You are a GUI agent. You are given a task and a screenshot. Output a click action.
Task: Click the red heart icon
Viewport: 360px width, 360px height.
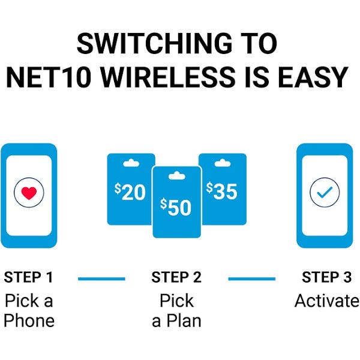coord(29,193)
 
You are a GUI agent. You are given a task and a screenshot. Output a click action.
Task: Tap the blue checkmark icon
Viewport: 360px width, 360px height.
coord(325,193)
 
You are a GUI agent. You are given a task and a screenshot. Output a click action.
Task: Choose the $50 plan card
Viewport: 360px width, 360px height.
coord(177,202)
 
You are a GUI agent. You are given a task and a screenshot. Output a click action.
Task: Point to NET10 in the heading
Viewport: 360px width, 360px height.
coord(48,77)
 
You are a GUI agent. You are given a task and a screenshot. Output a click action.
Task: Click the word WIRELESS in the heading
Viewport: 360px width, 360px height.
coord(168,77)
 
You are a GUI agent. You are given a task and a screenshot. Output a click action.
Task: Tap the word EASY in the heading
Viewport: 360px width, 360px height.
coord(313,77)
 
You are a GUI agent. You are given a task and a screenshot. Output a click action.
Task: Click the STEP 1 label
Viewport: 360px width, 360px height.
coord(28,277)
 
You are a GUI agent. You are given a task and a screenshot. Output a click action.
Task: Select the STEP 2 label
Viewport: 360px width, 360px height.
coord(176,277)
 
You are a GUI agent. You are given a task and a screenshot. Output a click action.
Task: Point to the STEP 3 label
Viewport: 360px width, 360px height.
coord(326,277)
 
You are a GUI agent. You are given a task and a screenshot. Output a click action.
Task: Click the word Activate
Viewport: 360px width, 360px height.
coord(327,301)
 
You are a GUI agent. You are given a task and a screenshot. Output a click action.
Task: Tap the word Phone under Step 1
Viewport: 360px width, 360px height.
coord(29,320)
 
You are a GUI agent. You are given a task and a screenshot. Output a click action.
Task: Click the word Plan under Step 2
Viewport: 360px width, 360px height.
coord(184,320)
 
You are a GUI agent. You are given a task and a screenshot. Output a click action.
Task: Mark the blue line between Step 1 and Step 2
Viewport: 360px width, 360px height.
coord(101,279)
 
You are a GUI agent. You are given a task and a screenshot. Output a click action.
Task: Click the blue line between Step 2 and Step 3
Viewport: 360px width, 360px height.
coord(252,279)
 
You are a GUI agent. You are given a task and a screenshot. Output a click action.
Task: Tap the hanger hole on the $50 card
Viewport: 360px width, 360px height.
coord(177,176)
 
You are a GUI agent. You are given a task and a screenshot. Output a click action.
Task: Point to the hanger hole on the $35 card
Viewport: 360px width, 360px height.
coord(223,163)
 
